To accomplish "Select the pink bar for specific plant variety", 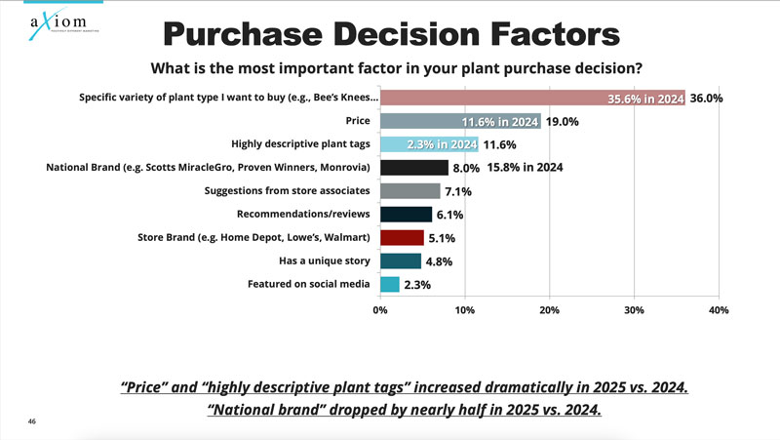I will tap(531, 99).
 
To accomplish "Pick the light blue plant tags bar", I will tap(429, 144).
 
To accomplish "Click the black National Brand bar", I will tap(414, 167).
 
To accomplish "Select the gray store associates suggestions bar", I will tap(410, 190).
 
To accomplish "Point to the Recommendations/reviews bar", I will tap(406, 214).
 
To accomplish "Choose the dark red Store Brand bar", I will tap(402, 237).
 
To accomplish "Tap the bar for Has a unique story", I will tap(400, 260).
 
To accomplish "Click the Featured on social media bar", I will tap(390, 284).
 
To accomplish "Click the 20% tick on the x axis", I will tap(549, 310).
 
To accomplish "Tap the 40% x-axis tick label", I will tap(718, 310).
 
